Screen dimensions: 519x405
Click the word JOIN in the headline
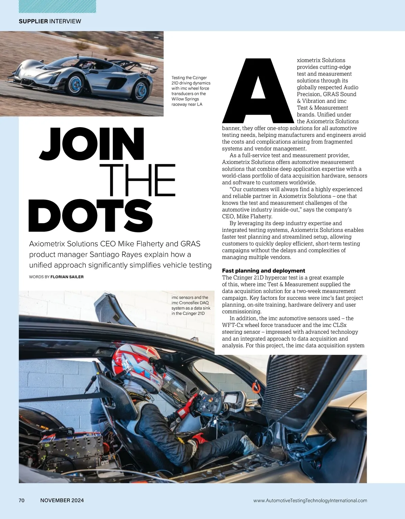(92, 144)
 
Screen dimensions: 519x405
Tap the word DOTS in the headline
(90, 215)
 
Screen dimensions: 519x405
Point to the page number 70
(22, 500)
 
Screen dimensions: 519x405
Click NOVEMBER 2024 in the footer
(62, 500)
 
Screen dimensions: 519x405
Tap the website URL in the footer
(310, 500)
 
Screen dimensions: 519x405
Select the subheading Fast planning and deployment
(263, 270)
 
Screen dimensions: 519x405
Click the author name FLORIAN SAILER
(67, 277)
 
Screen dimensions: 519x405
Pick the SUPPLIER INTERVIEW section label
(50, 21)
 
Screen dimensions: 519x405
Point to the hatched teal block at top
(57, 6)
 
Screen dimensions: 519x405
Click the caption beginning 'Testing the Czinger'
(191, 91)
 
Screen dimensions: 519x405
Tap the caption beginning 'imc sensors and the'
(191, 305)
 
